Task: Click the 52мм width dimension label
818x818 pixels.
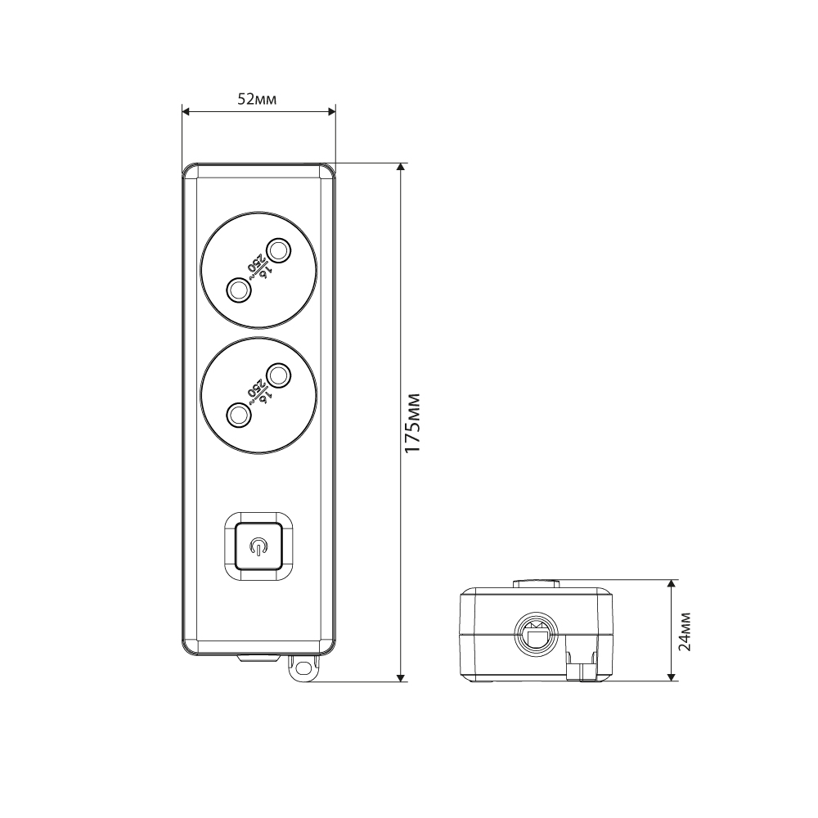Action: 257,99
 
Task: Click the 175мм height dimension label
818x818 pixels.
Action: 412,423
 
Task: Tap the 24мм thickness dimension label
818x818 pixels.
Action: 684,631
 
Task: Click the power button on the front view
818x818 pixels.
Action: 258,546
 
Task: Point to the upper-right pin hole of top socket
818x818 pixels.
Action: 279,249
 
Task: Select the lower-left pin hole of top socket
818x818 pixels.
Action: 238,290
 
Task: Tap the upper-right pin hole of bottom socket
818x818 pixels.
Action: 279,375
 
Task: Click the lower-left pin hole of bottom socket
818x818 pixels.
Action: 238,416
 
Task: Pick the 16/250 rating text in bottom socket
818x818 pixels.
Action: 258,393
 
